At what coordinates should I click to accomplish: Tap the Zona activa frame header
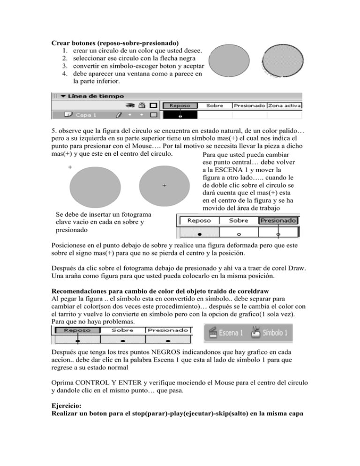[x=285, y=106]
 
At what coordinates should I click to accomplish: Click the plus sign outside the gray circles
[x=70, y=167]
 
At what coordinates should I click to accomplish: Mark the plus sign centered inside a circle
[x=164, y=186]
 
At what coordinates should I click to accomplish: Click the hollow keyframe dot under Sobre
[x=239, y=233]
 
